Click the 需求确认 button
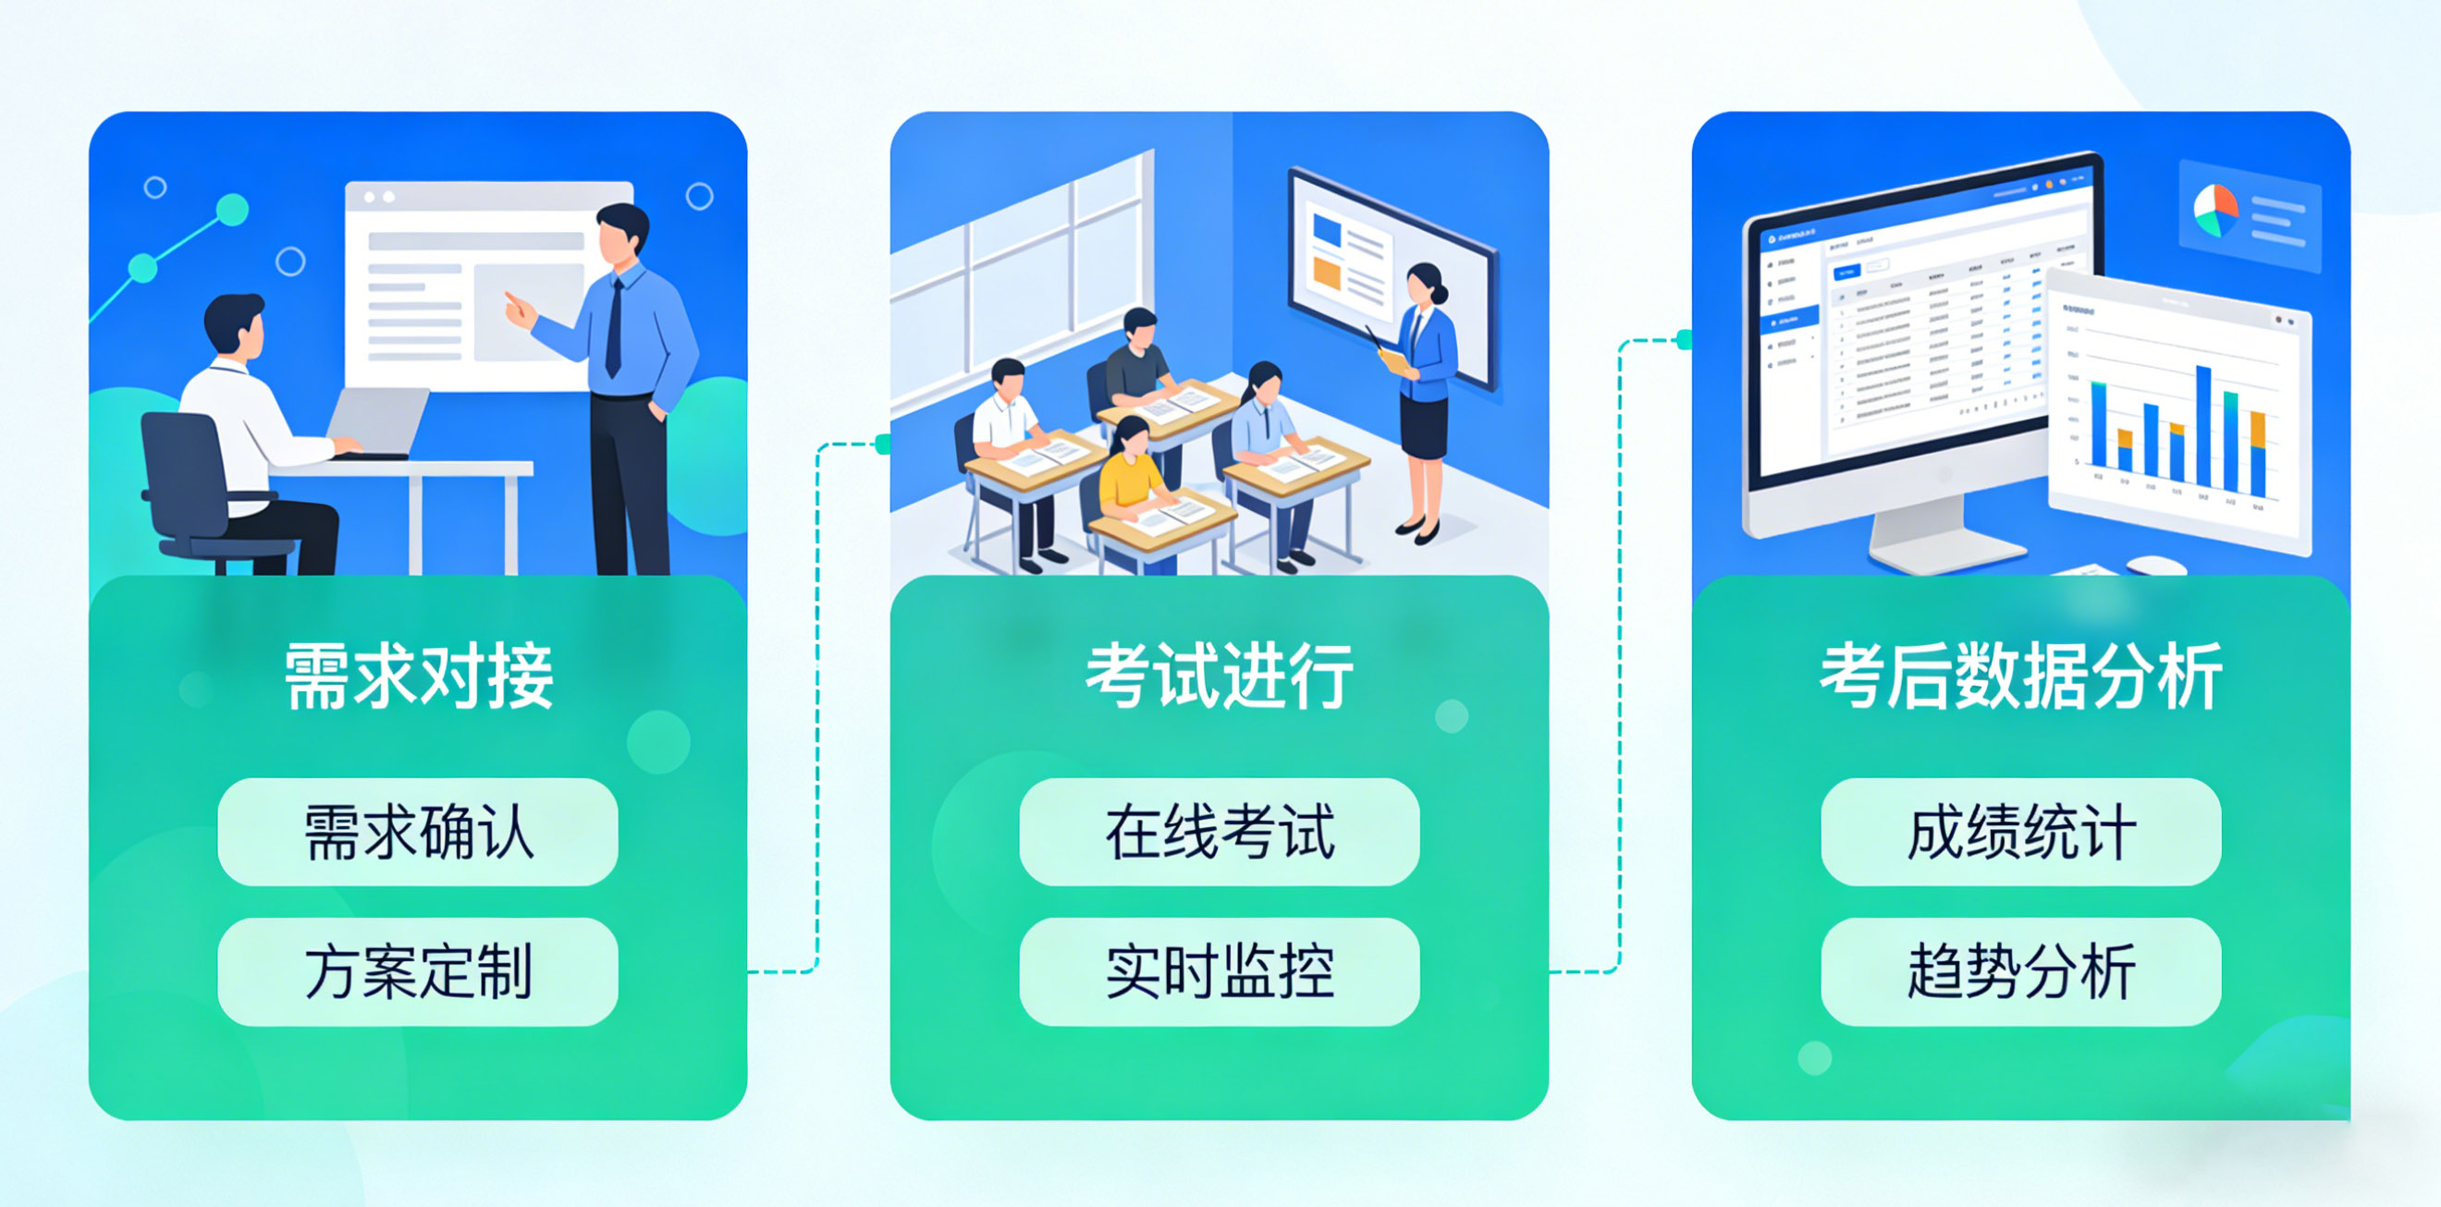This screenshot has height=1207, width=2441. tap(418, 832)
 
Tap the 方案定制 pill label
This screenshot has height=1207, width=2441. tap(418, 971)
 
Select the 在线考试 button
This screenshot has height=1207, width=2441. tap(1220, 832)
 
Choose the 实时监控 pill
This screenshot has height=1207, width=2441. tap(1220, 971)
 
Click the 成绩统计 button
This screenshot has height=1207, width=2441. tap(2020, 832)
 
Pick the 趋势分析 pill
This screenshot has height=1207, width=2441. tap(2020, 971)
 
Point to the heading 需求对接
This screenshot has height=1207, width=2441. tap(418, 676)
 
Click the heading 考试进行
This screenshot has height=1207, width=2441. tap(1220, 676)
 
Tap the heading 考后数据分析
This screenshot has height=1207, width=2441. tap(2020, 676)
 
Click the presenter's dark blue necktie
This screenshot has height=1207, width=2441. tap(615, 327)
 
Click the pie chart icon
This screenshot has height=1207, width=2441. tap(2214, 211)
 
